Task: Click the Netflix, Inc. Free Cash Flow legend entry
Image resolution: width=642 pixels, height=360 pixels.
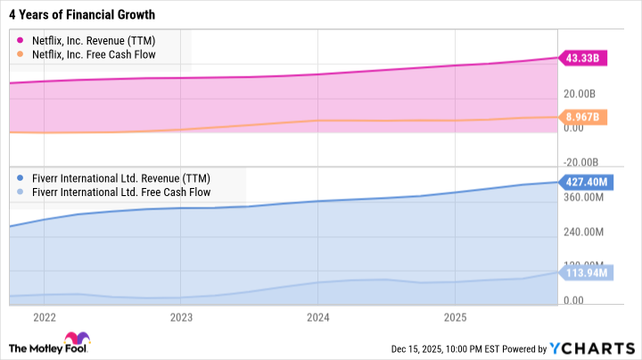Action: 88,56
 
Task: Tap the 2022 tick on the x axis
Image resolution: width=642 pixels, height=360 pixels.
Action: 44,317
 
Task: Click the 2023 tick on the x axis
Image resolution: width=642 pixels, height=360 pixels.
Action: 181,317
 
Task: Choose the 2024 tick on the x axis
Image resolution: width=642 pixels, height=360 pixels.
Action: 318,317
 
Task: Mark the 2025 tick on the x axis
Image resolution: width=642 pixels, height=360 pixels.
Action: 455,317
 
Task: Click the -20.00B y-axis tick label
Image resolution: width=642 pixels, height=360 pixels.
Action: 581,161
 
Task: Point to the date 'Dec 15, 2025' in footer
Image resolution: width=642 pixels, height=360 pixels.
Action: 416,348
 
